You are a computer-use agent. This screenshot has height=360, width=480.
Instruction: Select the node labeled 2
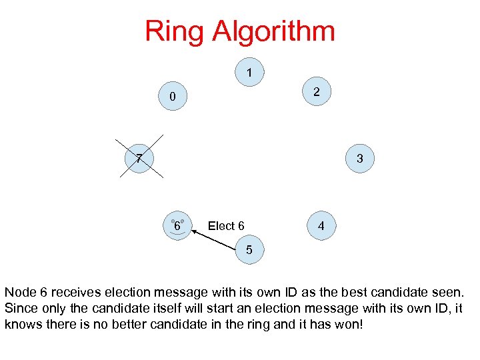317,92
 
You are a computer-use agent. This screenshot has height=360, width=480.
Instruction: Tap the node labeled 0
172,97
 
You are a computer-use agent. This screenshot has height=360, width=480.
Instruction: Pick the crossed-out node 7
138,159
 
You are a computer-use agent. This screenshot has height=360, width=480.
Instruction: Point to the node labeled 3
359,159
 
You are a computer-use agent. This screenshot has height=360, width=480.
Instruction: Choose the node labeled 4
321,226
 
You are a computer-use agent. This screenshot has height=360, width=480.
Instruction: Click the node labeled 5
249,250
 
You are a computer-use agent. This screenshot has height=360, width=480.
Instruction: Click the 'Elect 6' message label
226,226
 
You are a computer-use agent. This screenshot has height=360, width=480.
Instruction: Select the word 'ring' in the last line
227,324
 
